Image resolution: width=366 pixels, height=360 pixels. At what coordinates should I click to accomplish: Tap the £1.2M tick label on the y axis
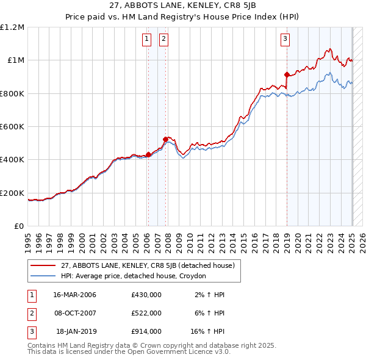12,27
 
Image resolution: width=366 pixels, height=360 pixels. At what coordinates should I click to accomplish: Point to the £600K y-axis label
12,127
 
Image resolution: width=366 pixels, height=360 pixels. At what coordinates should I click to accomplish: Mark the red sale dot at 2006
148,154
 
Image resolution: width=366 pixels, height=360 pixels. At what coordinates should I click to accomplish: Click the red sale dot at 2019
287,74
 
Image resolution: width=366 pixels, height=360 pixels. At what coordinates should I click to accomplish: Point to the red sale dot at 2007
165,139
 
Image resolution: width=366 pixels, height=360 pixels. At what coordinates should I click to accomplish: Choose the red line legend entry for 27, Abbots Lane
147,265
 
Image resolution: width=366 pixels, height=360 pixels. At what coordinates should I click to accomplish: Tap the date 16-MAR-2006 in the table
74,295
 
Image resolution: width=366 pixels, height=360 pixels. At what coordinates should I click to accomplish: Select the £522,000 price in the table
146,313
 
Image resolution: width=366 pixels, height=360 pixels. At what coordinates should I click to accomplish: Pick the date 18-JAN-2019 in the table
76,331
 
